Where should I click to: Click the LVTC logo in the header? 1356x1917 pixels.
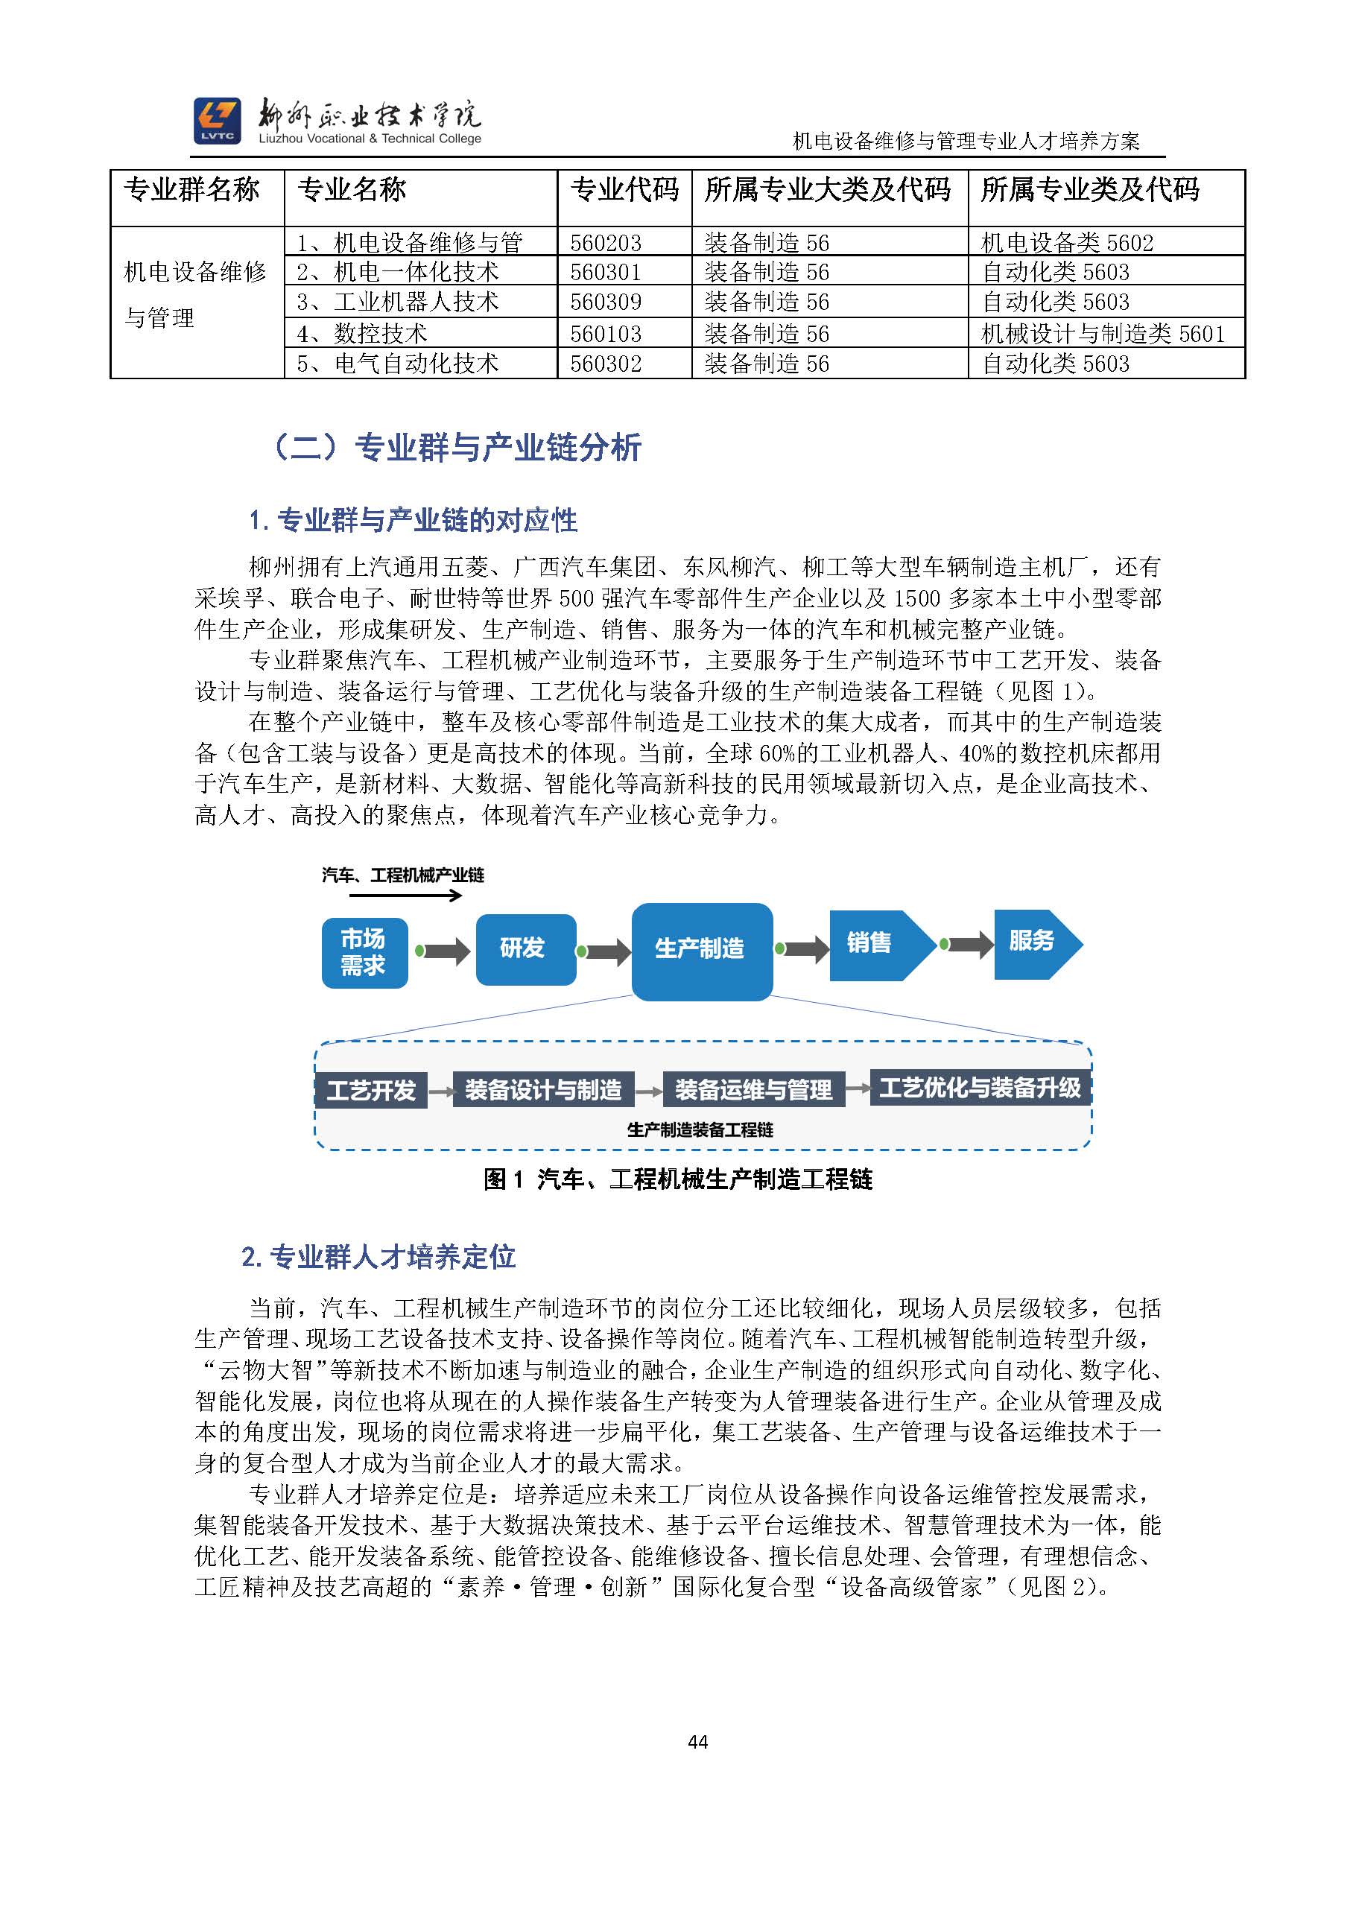coord(216,121)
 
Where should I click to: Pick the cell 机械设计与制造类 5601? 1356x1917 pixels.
coord(1102,334)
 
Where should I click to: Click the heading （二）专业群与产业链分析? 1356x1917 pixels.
coord(457,448)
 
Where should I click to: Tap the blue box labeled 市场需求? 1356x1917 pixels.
coord(364,953)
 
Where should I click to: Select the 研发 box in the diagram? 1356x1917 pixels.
coord(525,948)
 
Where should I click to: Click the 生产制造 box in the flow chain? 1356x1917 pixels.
coord(700,950)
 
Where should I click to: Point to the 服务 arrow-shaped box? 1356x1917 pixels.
coord(1033,942)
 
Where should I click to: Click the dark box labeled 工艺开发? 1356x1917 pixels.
coord(372,1091)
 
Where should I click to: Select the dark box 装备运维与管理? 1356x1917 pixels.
coord(753,1089)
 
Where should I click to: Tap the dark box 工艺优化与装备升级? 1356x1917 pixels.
coord(980,1088)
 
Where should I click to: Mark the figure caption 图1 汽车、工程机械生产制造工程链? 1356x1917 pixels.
coord(677,1179)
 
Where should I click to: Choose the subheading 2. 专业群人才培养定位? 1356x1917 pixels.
coord(378,1258)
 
